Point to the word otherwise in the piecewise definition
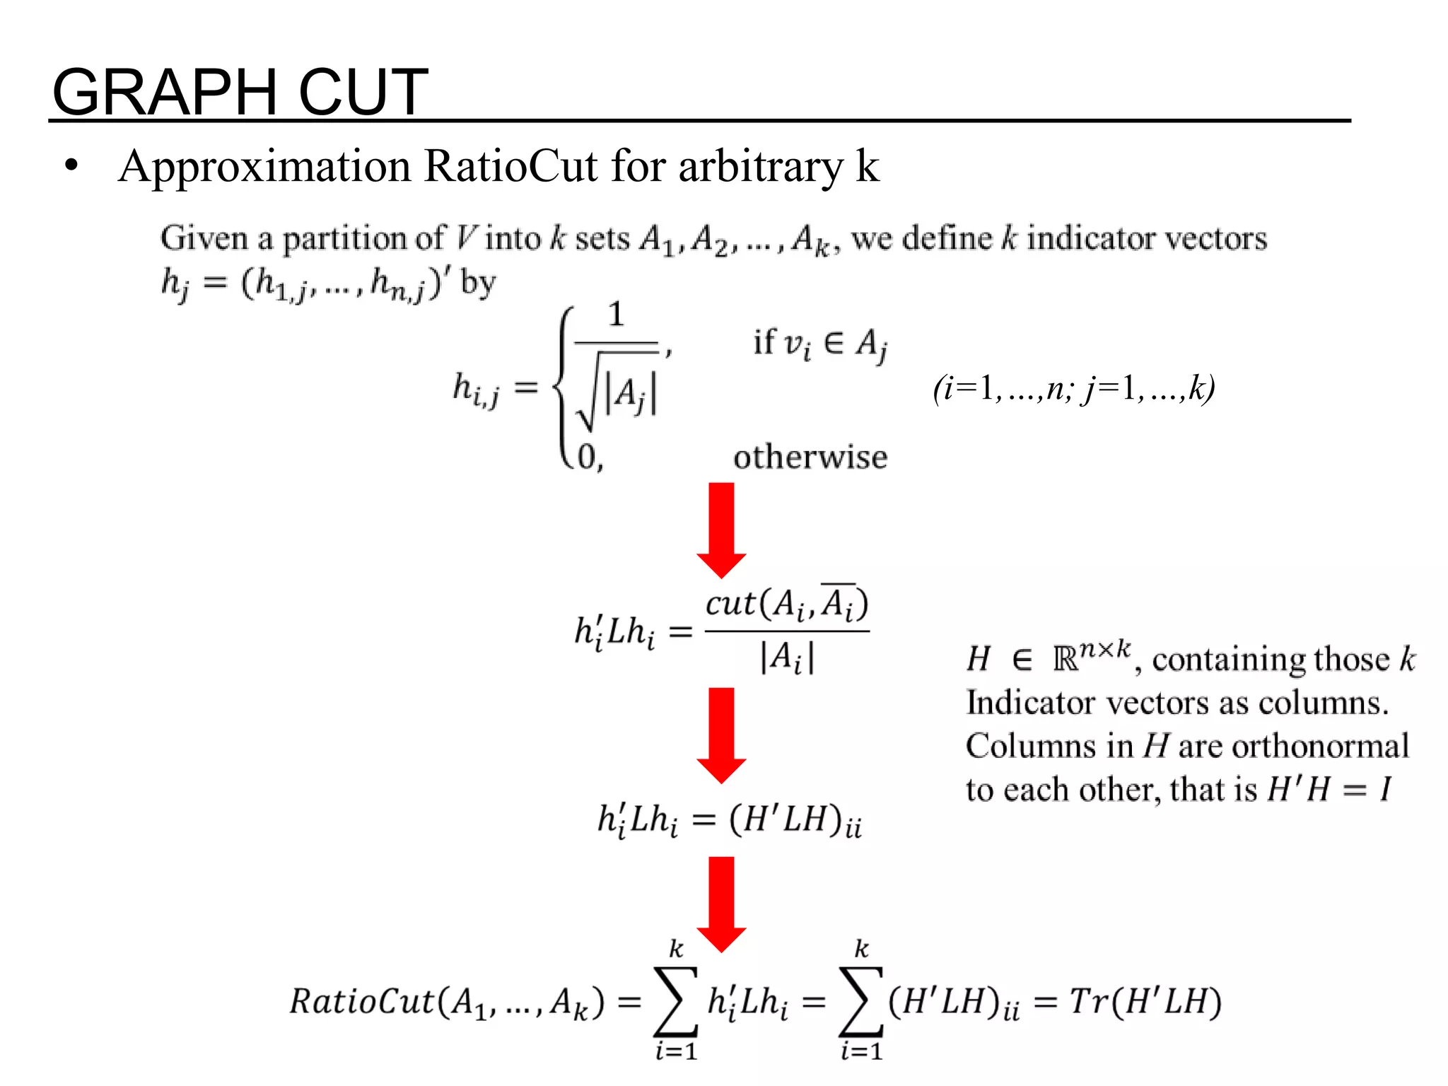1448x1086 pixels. [x=810, y=457]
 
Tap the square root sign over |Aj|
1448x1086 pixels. [x=588, y=396]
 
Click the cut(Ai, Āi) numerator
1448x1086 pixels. [x=787, y=605]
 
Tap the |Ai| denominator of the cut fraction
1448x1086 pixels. [x=787, y=658]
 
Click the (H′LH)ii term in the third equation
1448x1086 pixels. [x=795, y=820]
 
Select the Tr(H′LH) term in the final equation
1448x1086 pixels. [x=1145, y=1002]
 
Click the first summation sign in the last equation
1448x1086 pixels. [x=676, y=1001]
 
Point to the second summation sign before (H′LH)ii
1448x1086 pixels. [x=861, y=1001]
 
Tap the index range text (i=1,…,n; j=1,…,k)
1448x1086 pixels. [x=1073, y=388]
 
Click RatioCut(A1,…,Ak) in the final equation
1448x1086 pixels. [x=447, y=1003]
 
